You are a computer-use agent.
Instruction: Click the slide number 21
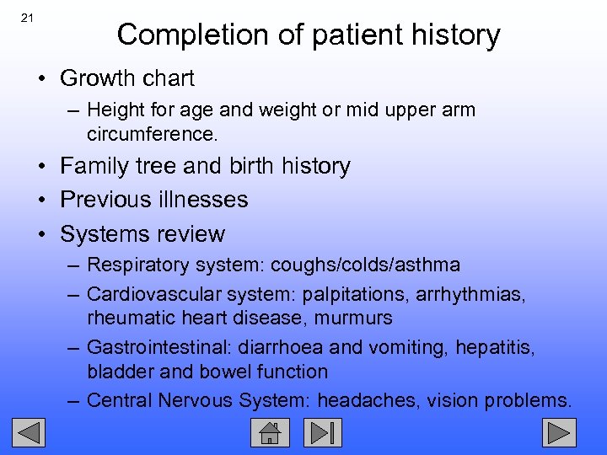(27, 18)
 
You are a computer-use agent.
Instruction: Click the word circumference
(145, 132)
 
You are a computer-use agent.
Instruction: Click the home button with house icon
(270, 433)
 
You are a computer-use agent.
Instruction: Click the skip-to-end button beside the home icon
(323, 433)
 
